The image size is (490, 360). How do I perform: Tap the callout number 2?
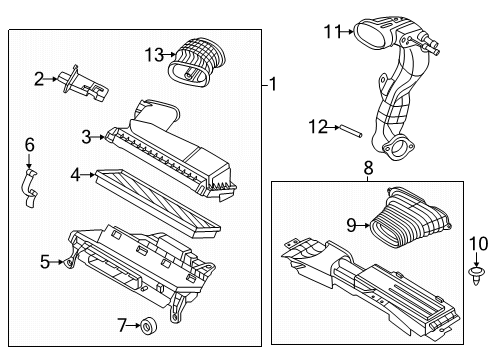[38, 77]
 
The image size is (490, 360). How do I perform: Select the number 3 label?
[88, 136]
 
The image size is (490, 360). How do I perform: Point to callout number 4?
[76, 175]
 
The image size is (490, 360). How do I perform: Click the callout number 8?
[368, 170]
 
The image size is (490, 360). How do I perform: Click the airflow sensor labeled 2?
[78, 78]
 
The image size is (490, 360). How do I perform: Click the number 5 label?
[45, 262]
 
